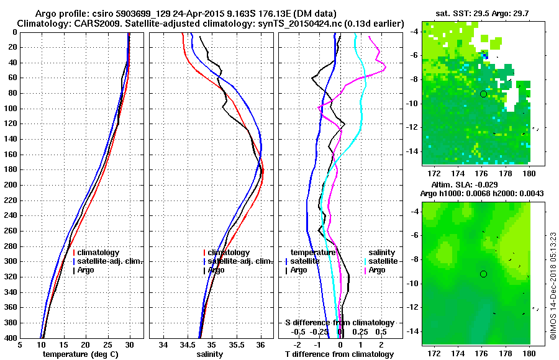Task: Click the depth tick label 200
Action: tap(11, 185)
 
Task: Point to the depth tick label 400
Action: tap(11, 338)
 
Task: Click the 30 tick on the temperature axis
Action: tap(129, 345)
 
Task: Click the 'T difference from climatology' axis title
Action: tap(339, 354)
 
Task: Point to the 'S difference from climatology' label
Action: tap(340, 323)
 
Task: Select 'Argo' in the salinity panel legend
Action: tap(217, 270)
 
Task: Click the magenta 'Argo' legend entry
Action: tap(377, 270)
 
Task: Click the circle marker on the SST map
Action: tap(483, 94)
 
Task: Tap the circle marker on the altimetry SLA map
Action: tap(483, 274)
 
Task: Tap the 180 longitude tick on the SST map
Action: tap(530, 171)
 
